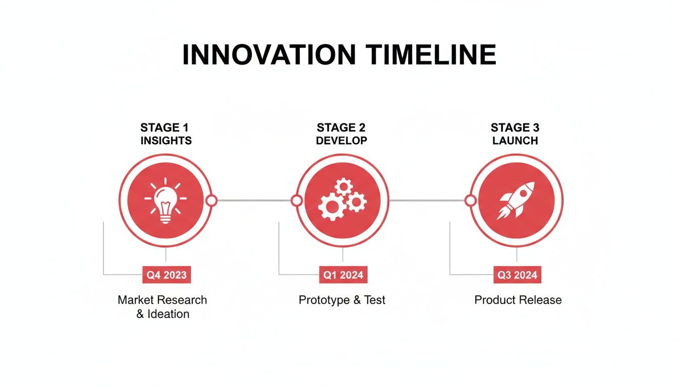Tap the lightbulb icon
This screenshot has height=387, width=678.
[165, 200]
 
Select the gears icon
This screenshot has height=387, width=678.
[343, 200]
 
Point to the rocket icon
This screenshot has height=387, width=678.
[516, 200]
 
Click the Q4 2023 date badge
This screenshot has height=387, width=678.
[166, 275]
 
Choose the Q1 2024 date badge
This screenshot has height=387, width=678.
[343, 275]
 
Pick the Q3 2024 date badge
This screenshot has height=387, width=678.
[517, 275]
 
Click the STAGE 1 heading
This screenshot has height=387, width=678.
[165, 127]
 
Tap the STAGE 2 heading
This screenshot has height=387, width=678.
[342, 127]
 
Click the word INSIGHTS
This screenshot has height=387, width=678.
[166, 141]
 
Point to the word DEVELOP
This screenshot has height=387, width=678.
[342, 141]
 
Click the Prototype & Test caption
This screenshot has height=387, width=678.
[342, 300]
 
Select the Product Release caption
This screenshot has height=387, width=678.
[518, 300]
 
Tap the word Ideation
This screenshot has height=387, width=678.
[168, 314]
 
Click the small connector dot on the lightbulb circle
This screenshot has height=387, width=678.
[211, 201]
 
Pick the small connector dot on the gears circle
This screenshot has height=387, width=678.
[297, 201]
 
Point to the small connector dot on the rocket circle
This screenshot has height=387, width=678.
[470, 201]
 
